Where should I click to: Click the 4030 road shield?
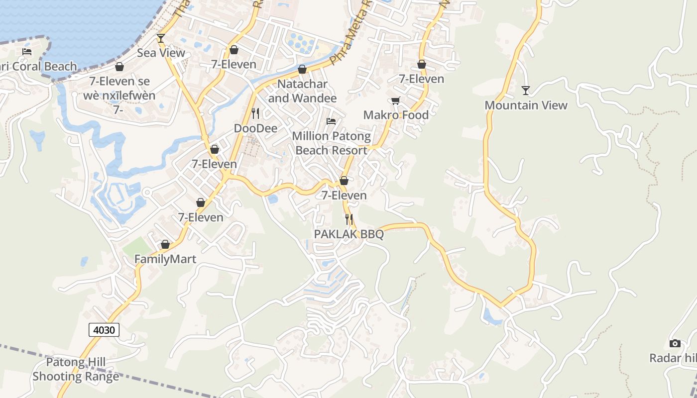click(x=105, y=329)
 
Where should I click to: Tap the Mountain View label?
click(x=526, y=105)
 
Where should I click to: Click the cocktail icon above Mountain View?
click(x=526, y=90)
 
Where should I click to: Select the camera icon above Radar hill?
click(x=675, y=343)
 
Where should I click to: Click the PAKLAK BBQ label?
click(x=348, y=234)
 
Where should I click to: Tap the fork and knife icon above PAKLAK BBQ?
click(x=348, y=219)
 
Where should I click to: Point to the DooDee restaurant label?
click(x=255, y=128)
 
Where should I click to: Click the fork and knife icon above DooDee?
click(x=255, y=113)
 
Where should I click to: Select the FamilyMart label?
click(x=165, y=259)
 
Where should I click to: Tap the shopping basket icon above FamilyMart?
click(x=165, y=244)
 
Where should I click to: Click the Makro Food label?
click(x=396, y=115)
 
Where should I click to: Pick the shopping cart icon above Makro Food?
click(x=396, y=101)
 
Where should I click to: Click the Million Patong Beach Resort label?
click(x=331, y=143)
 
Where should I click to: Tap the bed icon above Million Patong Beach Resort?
click(x=331, y=121)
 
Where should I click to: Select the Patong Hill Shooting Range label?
click(x=76, y=369)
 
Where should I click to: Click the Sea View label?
click(x=161, y=53)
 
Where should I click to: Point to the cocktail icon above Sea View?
click(x=160, y=38)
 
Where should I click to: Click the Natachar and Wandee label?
click(x=302, y=91)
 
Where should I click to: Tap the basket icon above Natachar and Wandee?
click(x=302, y=69)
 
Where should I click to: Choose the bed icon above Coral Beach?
click(x=27, y=51)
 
